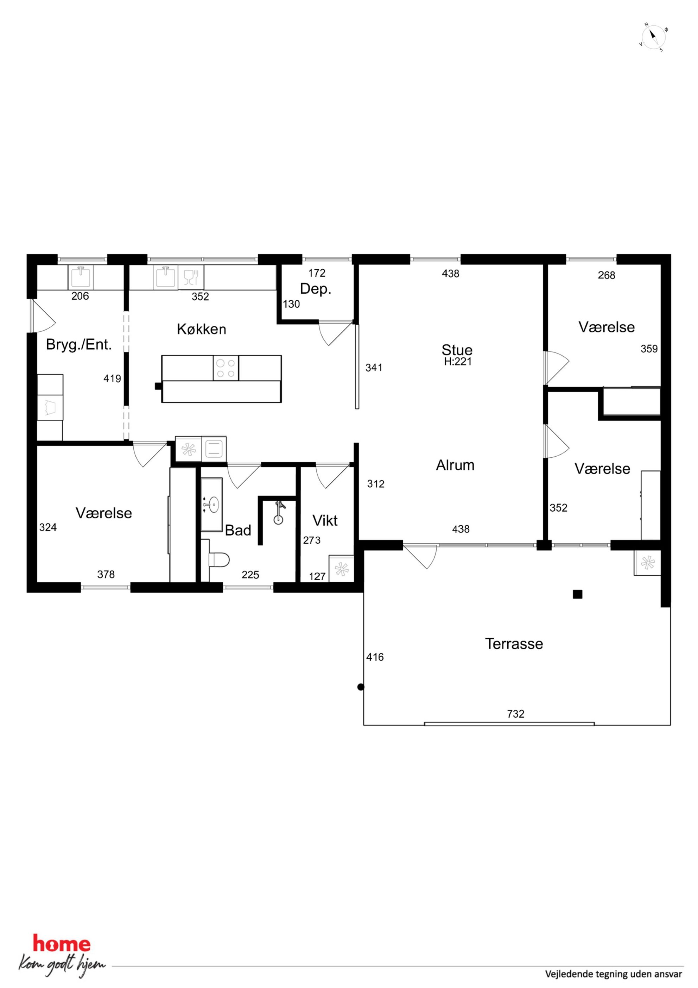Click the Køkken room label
point(201,329)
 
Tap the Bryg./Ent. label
point(79,345)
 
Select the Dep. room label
point(316,289)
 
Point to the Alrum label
point(455,465)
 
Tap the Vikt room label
point(325,521)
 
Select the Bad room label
point(238,530)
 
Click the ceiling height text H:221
point(458,362)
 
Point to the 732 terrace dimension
point(516,714)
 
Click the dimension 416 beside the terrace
point(375,657)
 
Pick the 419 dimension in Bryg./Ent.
point(112,379)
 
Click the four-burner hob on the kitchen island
point(226,368)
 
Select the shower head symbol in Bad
point(279,512)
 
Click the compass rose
point(653,37)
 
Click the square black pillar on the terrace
point(578,595)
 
